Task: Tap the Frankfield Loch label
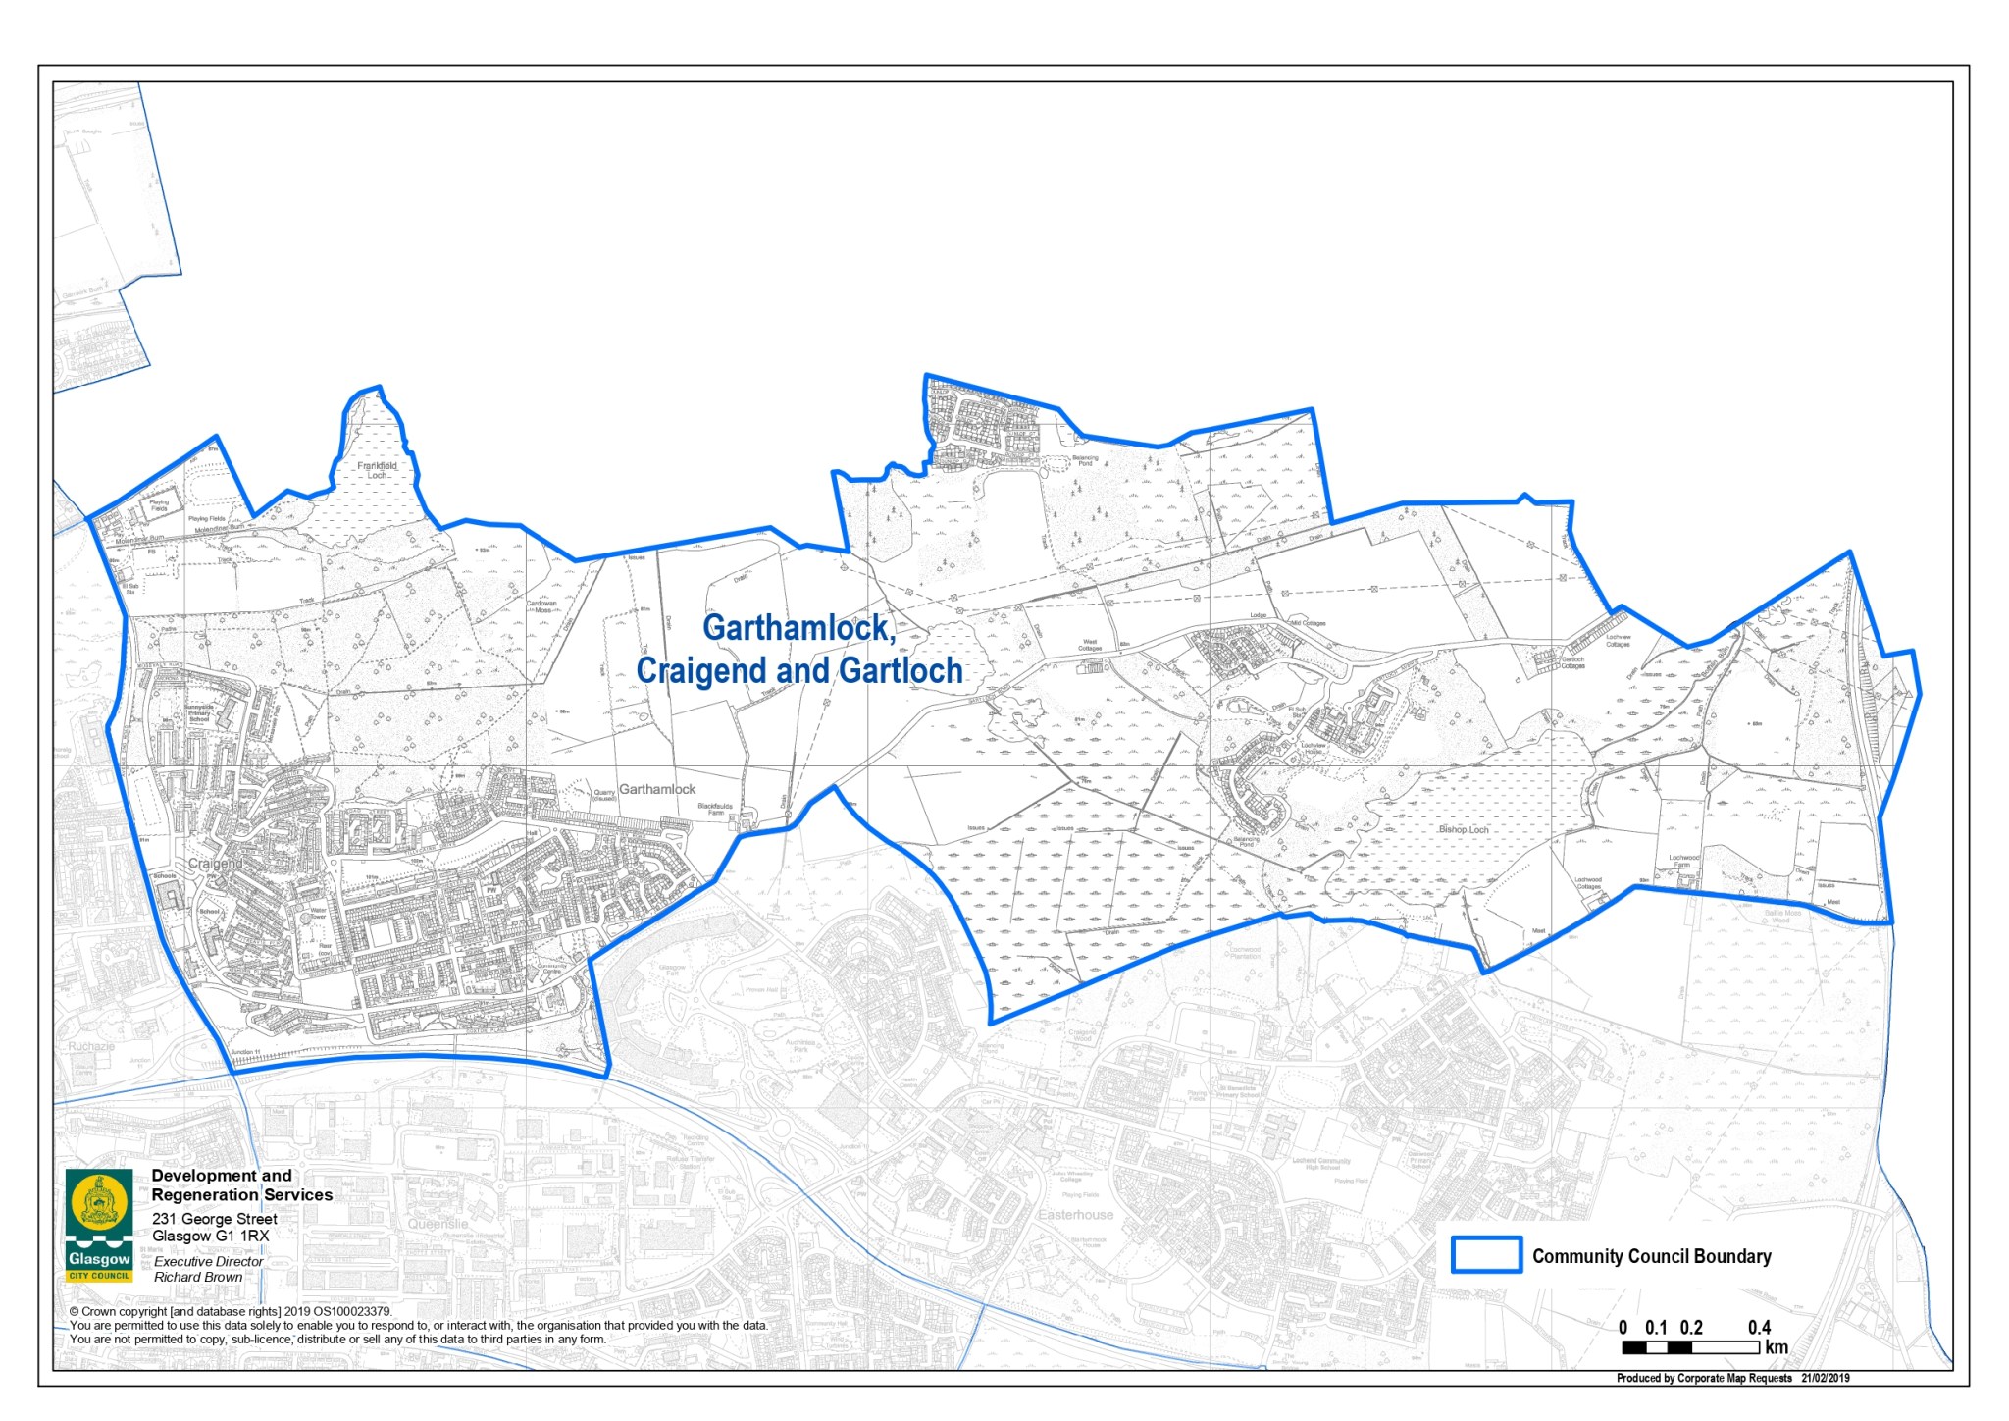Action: pos(378,471)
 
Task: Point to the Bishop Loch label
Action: pos(1464,829)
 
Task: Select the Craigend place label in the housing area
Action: pos(215,864)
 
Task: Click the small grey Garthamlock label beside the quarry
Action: pos(657,789)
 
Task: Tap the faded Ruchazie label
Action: pos(91,1046)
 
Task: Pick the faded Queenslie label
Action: pos(438,1224)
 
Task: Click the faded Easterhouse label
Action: pos(1076,1215)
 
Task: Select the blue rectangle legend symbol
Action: pos(1486,1254)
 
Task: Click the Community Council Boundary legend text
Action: pos(1652,1256)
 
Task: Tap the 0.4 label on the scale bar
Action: pos(1759,1328)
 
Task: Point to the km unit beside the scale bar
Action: pos(1777,1347)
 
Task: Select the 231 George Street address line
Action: pos(215,1219)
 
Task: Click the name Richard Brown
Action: pos(198,1277)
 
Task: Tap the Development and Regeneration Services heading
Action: pos(241,1185)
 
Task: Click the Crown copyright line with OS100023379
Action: pos(231,1311)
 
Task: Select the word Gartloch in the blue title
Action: pos(901,671)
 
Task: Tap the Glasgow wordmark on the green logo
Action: pos(99,1259)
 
